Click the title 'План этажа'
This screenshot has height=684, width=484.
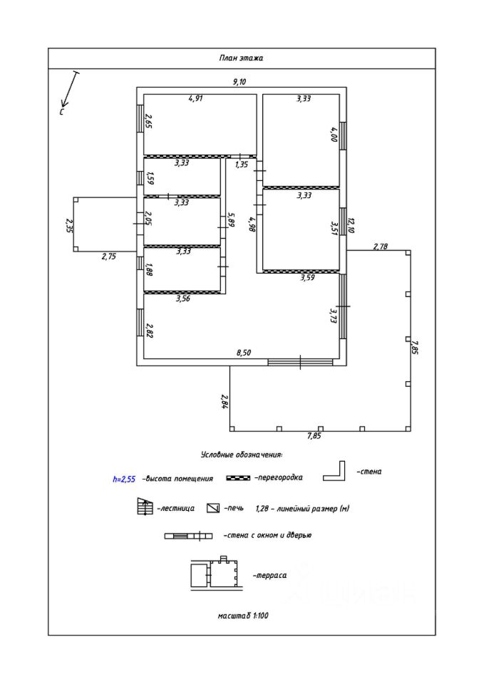(x=241, y=58)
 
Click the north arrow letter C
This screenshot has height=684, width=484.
(x=62, y=112)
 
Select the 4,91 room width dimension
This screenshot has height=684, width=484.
(x=195, y=99)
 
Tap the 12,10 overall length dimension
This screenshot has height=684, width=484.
(x=350, y=225)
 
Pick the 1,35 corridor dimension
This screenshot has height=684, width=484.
(x=241, y=165)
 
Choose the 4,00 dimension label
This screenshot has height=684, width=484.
(x=333, y=134)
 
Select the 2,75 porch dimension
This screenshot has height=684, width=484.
(x=108, y=256)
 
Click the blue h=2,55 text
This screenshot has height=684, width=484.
(x=124, y=480)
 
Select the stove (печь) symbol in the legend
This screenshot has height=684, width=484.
(x=212, y=508)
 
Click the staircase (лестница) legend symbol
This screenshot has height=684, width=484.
(x=145, y=508)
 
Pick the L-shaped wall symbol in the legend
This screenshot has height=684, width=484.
(x=335, y=472)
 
